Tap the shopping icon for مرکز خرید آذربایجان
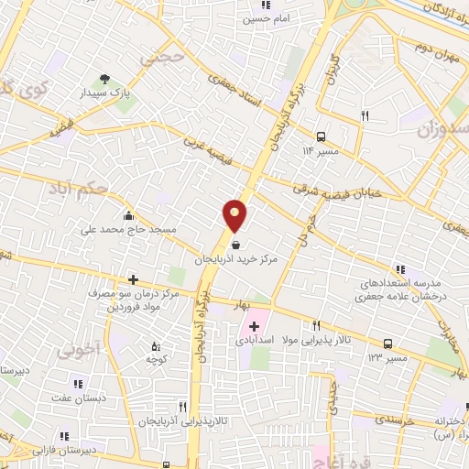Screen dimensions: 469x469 237,245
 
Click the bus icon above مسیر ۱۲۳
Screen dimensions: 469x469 388,344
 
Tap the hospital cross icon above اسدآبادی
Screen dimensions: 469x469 254,325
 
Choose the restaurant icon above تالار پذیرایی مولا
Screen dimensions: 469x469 317,325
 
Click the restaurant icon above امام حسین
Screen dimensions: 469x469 267,5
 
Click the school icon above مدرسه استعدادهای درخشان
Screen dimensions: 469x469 400,269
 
